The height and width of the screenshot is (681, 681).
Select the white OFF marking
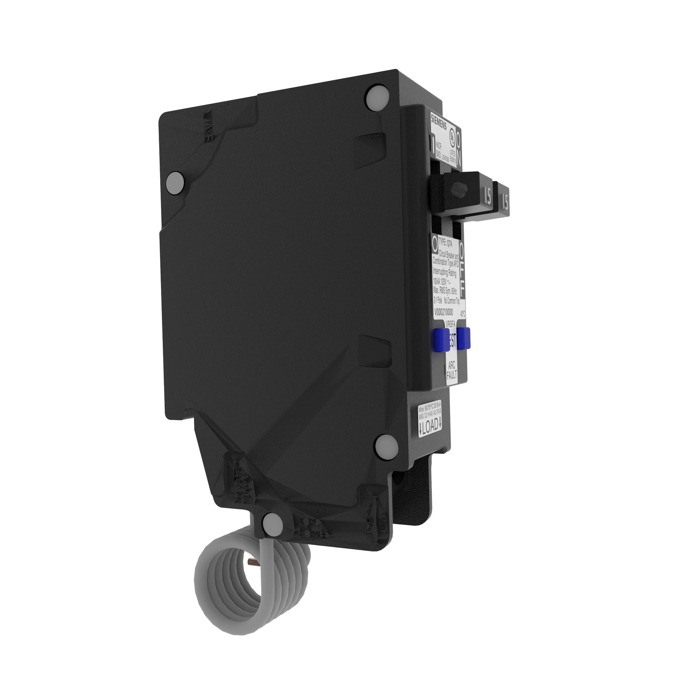[x=462, y=271]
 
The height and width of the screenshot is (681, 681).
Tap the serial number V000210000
[x=446, y=311]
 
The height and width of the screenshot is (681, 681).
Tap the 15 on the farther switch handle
[x=505, y=203]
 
